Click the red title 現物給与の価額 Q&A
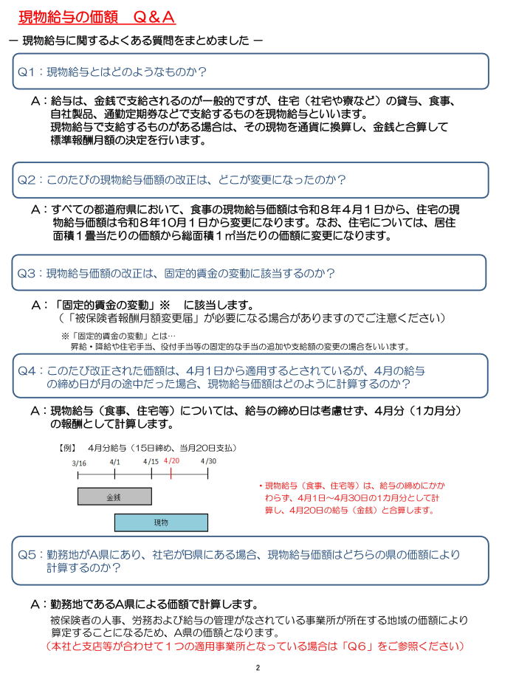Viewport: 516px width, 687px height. pos(96,16)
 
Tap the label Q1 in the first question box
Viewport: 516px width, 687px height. pos(27,72)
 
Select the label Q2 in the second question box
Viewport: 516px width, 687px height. pos(27,179)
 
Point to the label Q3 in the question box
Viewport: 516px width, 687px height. pos(27,273)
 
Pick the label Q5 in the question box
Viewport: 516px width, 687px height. pos(27,554)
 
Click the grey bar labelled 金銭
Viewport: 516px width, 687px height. pos(114,496)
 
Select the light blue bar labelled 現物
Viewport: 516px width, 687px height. pos(161,522)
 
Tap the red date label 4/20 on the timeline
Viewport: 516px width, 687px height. pos(171,460)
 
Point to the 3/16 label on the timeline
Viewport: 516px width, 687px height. pos(79,462)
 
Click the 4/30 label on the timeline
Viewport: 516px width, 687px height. pos(209,461)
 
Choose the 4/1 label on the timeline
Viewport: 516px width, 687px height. pos(115,461)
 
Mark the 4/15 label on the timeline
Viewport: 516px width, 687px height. pos(151,461)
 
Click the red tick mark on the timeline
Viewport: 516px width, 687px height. pos(171,474)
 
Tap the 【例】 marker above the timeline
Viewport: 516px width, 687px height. pos(68,447)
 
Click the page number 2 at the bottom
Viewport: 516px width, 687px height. pos(258,669)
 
